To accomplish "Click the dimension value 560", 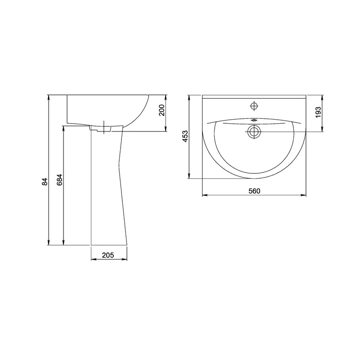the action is tap(254, 191).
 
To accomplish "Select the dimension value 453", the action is tap(185, 136).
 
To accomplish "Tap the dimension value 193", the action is tap(319, 112).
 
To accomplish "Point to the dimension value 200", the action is tap(162, 110).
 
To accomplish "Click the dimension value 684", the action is tap(59, 180).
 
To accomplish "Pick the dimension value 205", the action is tap(108, 255).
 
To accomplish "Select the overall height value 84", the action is tap(45, 182).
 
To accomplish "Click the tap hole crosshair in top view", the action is tap(254, 106).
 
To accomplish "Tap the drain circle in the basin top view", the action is tap(254, 132).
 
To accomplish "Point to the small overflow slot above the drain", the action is tap(254, 120).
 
